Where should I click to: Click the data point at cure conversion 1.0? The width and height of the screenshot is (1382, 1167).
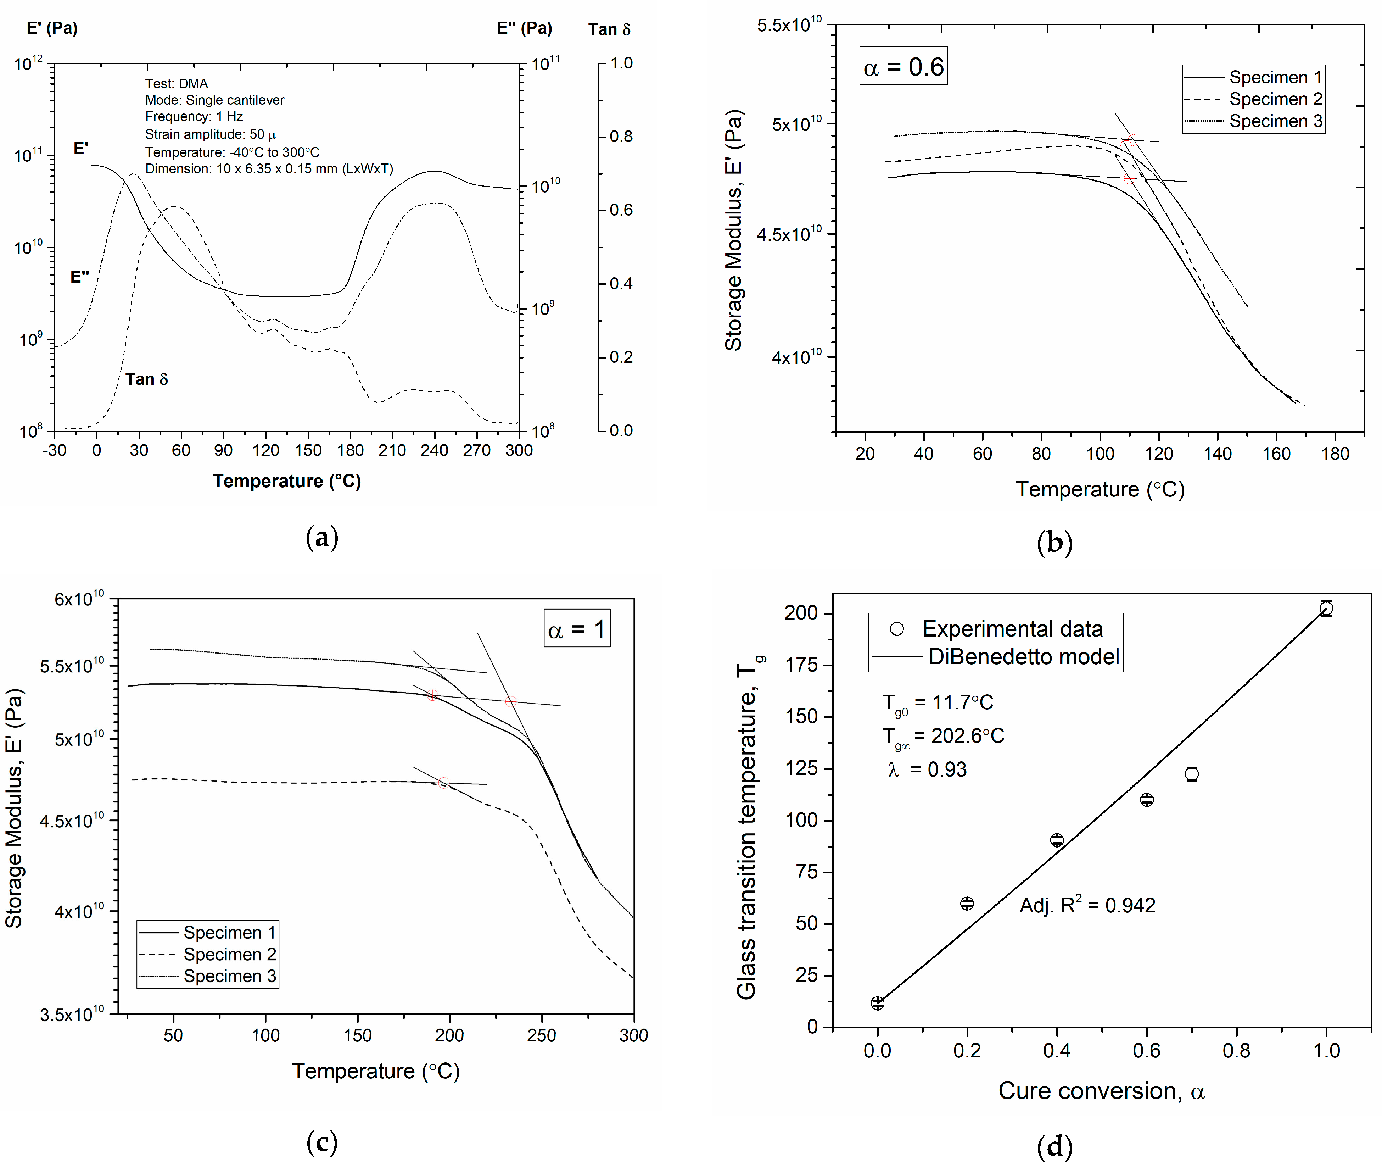point(1326,608)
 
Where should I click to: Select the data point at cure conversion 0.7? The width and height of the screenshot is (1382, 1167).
point(1192,773)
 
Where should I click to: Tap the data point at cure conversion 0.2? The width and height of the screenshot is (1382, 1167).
point(967,903)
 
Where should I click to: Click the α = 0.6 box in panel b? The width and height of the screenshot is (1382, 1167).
point(903,66)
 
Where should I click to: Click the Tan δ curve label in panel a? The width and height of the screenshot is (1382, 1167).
point(147,379)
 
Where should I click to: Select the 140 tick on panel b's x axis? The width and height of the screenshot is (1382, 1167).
point(1217,454)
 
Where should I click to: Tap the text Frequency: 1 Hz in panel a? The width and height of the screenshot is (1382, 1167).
point(194,116)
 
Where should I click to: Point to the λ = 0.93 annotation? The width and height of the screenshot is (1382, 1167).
point(927,769)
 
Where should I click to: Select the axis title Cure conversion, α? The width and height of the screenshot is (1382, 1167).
point(1101,1091)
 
